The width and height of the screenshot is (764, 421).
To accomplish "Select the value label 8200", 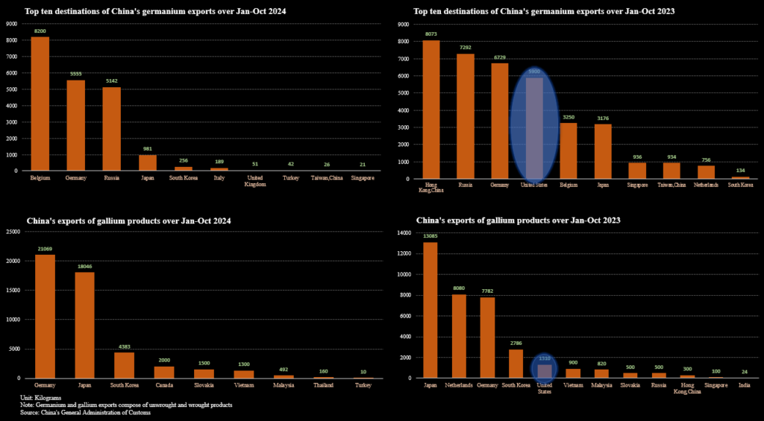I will (40, 31).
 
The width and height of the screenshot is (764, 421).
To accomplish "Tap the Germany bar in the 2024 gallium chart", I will (45, 316).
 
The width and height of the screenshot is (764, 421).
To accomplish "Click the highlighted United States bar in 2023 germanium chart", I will (534, 127).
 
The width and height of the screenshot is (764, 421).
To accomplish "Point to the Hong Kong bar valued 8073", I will (431, 109).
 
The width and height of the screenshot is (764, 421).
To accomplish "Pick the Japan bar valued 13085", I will (430, 309).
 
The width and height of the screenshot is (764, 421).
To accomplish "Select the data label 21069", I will (45, 249).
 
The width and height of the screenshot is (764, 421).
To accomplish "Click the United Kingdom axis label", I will (256, 182).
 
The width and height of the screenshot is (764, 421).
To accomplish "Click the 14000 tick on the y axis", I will (403, 234).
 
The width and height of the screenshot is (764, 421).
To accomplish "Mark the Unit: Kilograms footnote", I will (40, 398).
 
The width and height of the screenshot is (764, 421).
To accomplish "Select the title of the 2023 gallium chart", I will (519, 221).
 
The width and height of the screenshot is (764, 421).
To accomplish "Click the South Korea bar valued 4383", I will (124, 365).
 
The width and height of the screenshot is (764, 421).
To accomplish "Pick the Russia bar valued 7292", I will (466, 115).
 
